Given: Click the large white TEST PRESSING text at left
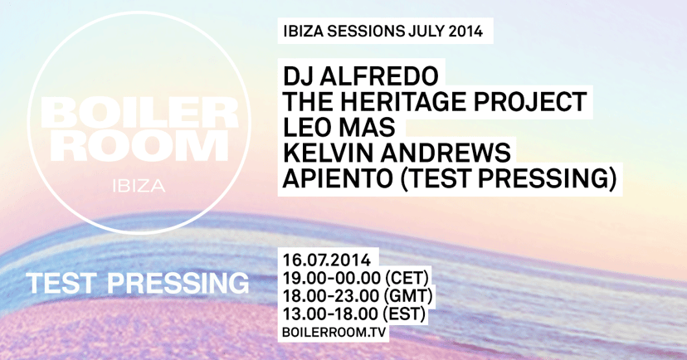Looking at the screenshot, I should [138, 282].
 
